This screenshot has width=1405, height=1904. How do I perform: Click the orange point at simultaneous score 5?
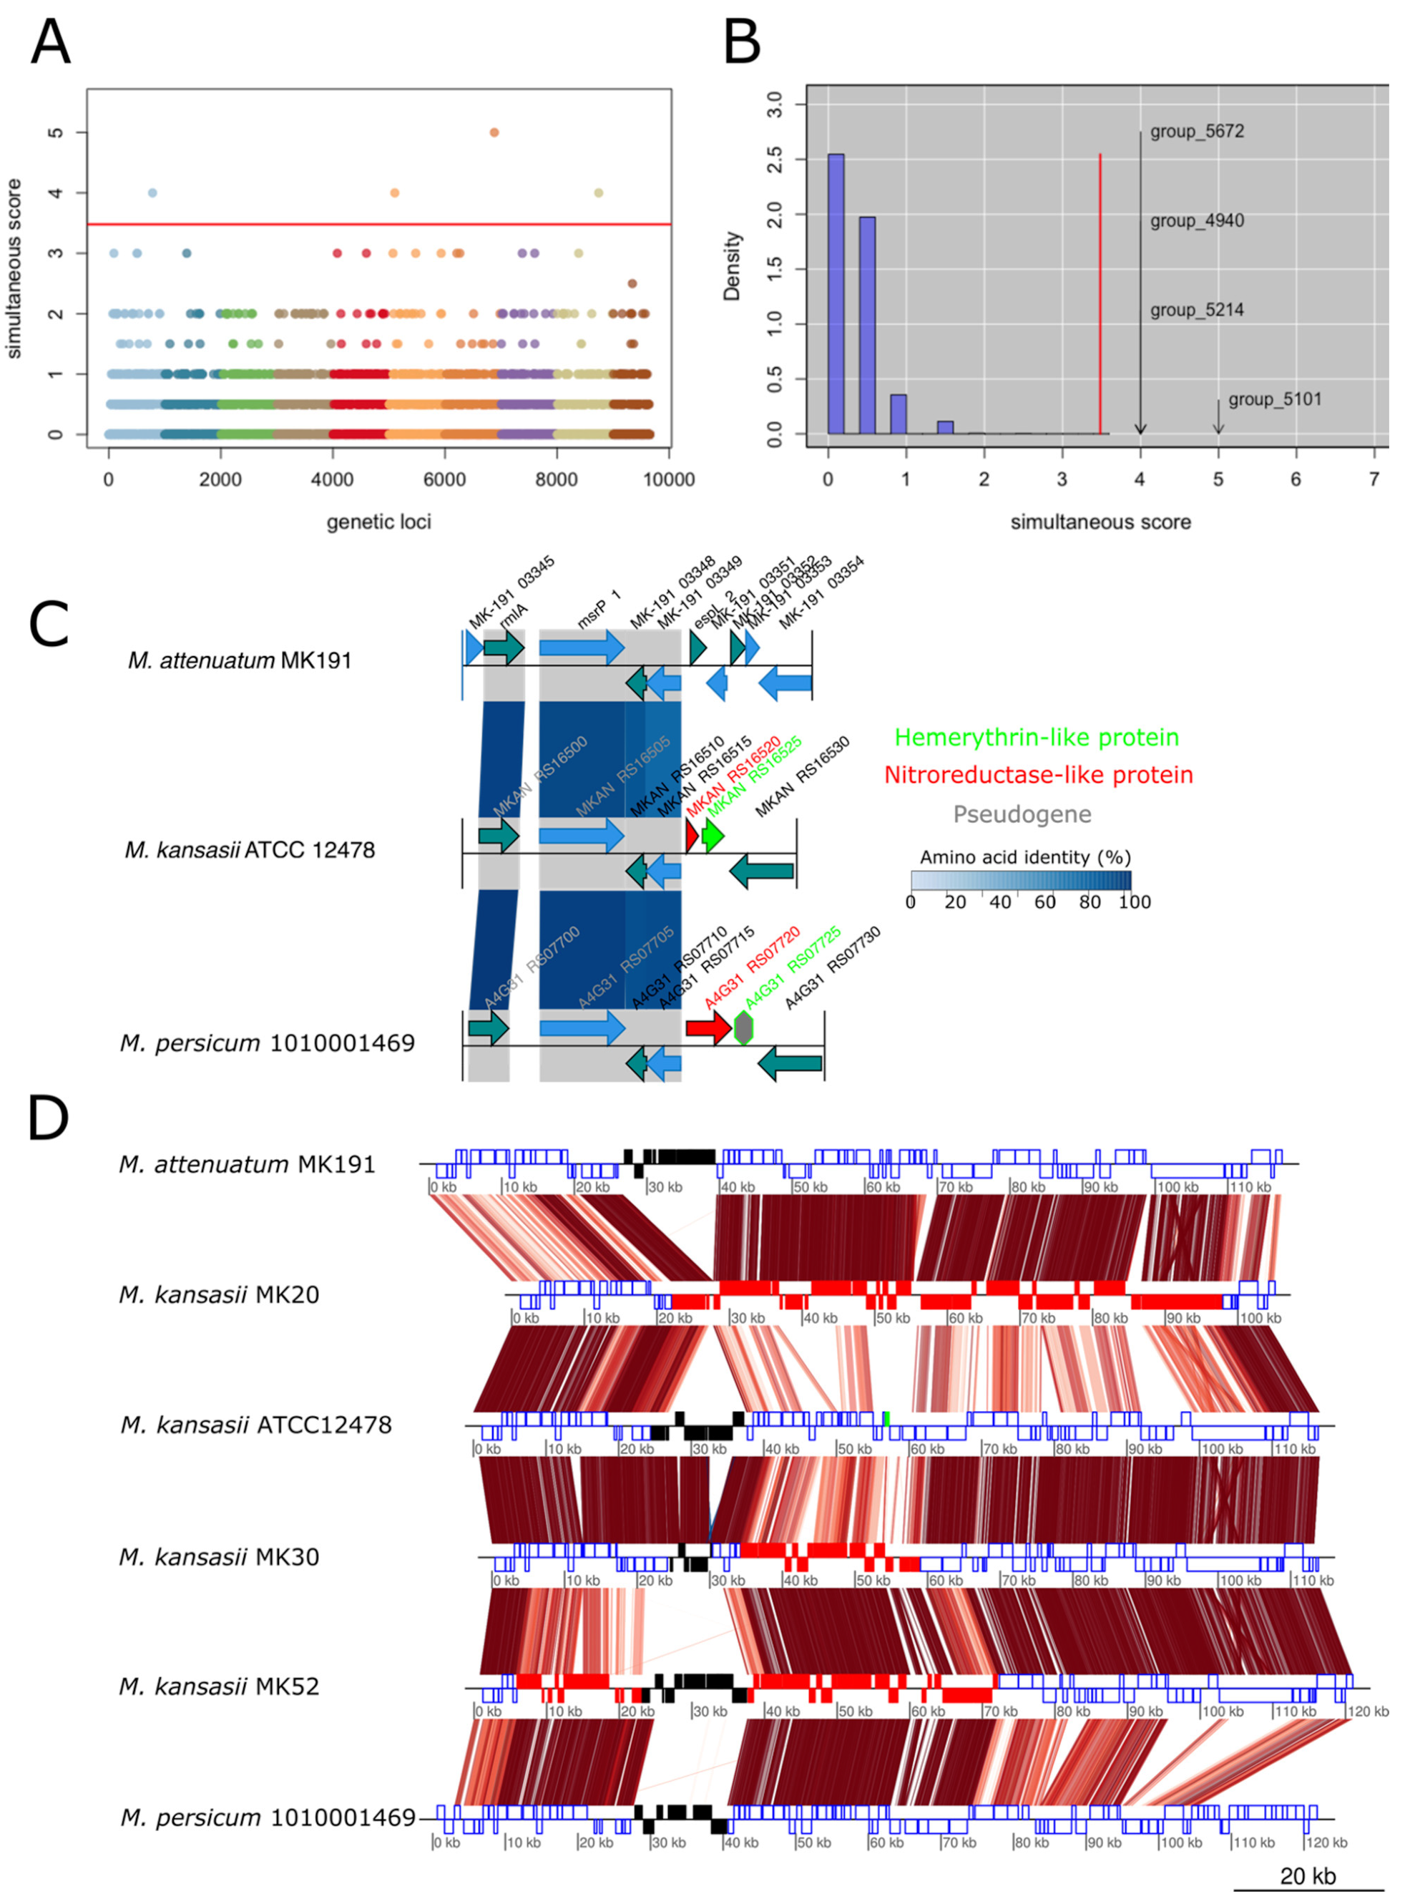tap(494, 132)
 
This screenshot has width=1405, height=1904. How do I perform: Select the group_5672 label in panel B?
tap(1197, 132)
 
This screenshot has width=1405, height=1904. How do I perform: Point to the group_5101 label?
tap(1274, 400)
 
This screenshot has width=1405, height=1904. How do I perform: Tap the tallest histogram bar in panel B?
tap(836, 293)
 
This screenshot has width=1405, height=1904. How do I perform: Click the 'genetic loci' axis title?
tap(378, 522)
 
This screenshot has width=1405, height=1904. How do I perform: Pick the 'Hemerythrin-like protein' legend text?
tap(1037, 738)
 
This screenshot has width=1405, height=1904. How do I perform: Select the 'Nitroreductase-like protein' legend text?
tap(1039, 775)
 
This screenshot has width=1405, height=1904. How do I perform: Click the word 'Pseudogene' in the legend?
tap(1022, 814)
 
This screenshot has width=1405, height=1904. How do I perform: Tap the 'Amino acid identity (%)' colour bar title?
tap(1025, 856)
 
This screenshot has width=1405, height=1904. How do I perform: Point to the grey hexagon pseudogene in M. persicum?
tap(744, 1027)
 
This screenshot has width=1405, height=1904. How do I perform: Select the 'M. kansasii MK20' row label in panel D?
tap(220, 1295)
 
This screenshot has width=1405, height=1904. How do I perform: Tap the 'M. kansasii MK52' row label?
tap(220, 1686)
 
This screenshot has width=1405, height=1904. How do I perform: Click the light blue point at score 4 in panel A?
tap(152, 193)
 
